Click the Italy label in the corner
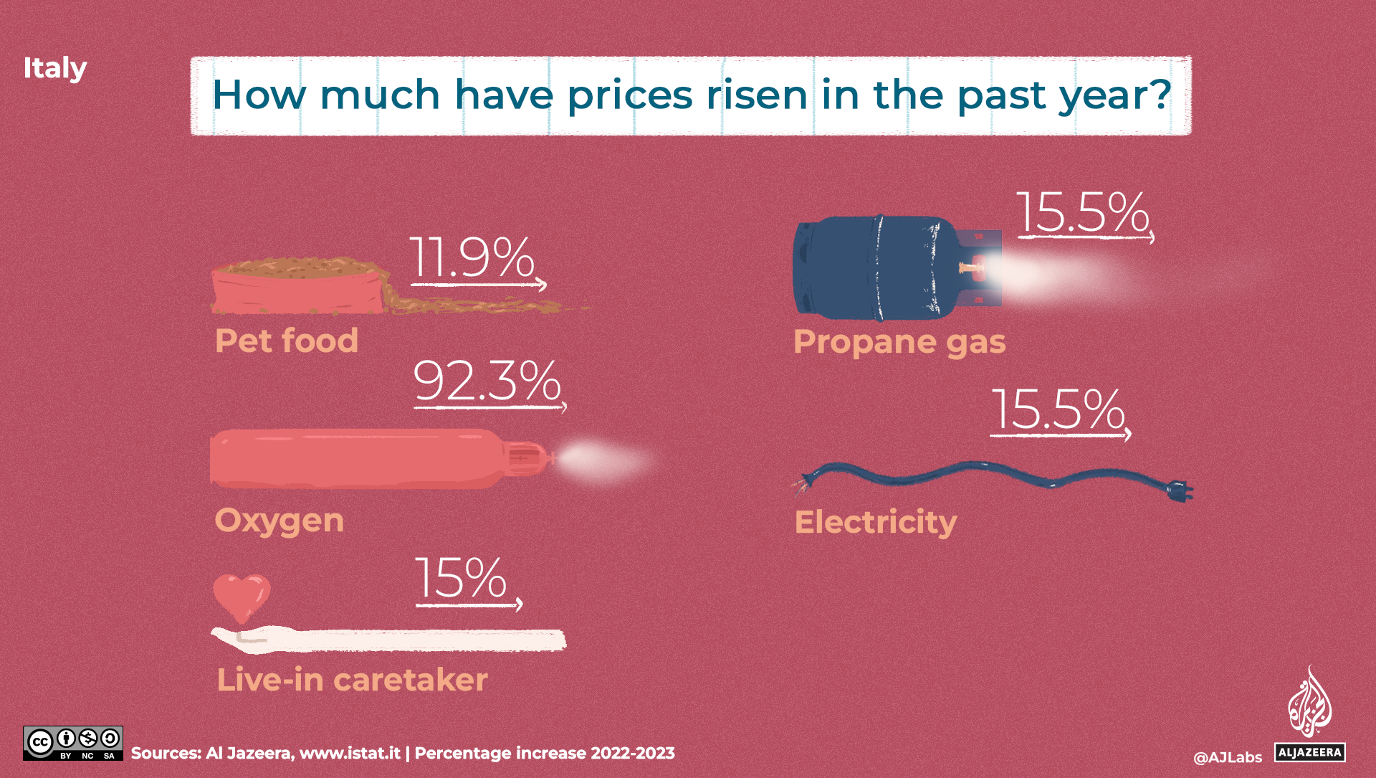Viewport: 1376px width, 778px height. click(x=54, y=69)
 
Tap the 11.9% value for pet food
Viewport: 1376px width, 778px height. click(x=472, y=258)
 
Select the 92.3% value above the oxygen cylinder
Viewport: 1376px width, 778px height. click(x=487, y=381)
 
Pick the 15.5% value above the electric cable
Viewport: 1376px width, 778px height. click(x=1058, y=410)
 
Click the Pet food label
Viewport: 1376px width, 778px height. click(x=287, y=341)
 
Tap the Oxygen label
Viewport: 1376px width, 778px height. click(x=279, y=521)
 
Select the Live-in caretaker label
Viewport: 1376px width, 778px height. click(x=352, y=680)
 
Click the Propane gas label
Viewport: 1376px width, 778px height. click(x=899, y=342)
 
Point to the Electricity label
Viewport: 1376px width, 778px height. click(x=876, y=522)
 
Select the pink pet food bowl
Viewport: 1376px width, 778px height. click(x=297, y=290)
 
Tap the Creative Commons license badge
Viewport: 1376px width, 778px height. click(x=73, y=744)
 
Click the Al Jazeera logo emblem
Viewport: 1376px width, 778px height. click(x=1309, y=703)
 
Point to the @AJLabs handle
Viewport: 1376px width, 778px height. click(x=1227, y=757)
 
